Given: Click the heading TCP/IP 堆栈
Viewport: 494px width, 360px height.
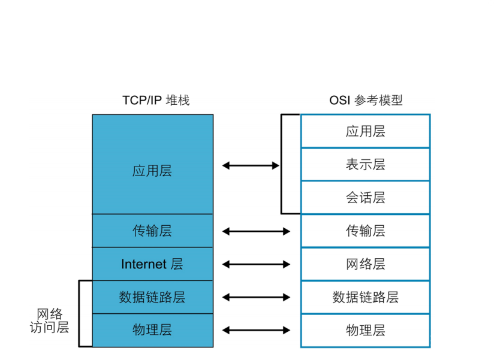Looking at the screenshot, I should point(155,100).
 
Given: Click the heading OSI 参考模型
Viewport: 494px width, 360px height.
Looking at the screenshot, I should point(366,100).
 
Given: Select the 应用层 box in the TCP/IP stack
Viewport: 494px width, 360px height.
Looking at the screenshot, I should point(152,171).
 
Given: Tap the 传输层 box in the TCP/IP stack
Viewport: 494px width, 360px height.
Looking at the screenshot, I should point(152,231).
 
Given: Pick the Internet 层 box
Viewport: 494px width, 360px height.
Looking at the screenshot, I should point(152,264).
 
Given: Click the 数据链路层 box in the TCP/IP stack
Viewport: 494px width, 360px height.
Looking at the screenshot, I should point(152,297).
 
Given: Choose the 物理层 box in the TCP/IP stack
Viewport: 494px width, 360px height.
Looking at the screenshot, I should point(152,330).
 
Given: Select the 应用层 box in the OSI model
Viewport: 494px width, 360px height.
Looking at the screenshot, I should point(365,131).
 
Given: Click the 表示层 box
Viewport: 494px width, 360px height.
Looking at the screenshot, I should point(365,164).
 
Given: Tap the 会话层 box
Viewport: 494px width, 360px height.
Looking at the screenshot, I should point(365,198).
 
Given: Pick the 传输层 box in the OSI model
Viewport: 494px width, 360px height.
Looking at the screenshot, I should point(365,231).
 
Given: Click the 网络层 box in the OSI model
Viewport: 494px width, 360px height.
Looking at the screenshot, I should point(365,264).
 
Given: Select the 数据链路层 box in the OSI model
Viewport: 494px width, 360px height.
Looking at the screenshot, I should point(365,297).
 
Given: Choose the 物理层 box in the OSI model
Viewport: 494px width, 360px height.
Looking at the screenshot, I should point(365,330).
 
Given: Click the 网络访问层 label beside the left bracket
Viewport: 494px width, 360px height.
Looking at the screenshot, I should point(49,320).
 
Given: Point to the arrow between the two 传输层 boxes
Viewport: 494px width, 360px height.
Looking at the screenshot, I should point(256,231).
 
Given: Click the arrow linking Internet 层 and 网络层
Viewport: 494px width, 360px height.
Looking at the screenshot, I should point(256,264).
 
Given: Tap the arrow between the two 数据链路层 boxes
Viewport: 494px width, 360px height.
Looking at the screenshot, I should point(256,297).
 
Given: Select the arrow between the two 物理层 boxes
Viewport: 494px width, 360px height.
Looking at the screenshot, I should point(256,330).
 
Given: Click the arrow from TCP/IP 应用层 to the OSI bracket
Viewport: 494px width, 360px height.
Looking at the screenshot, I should point(251,165).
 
